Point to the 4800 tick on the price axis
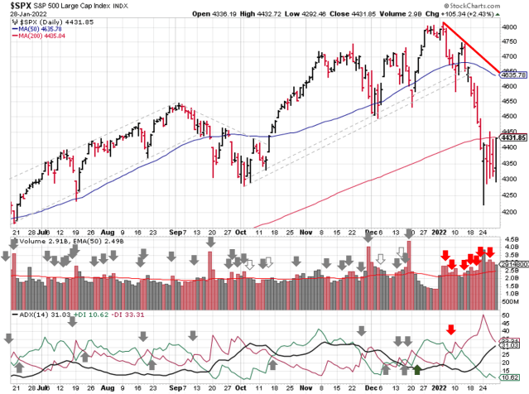coord(510,27)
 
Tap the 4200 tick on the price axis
coord(510,211)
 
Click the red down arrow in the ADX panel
coord(451,329)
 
